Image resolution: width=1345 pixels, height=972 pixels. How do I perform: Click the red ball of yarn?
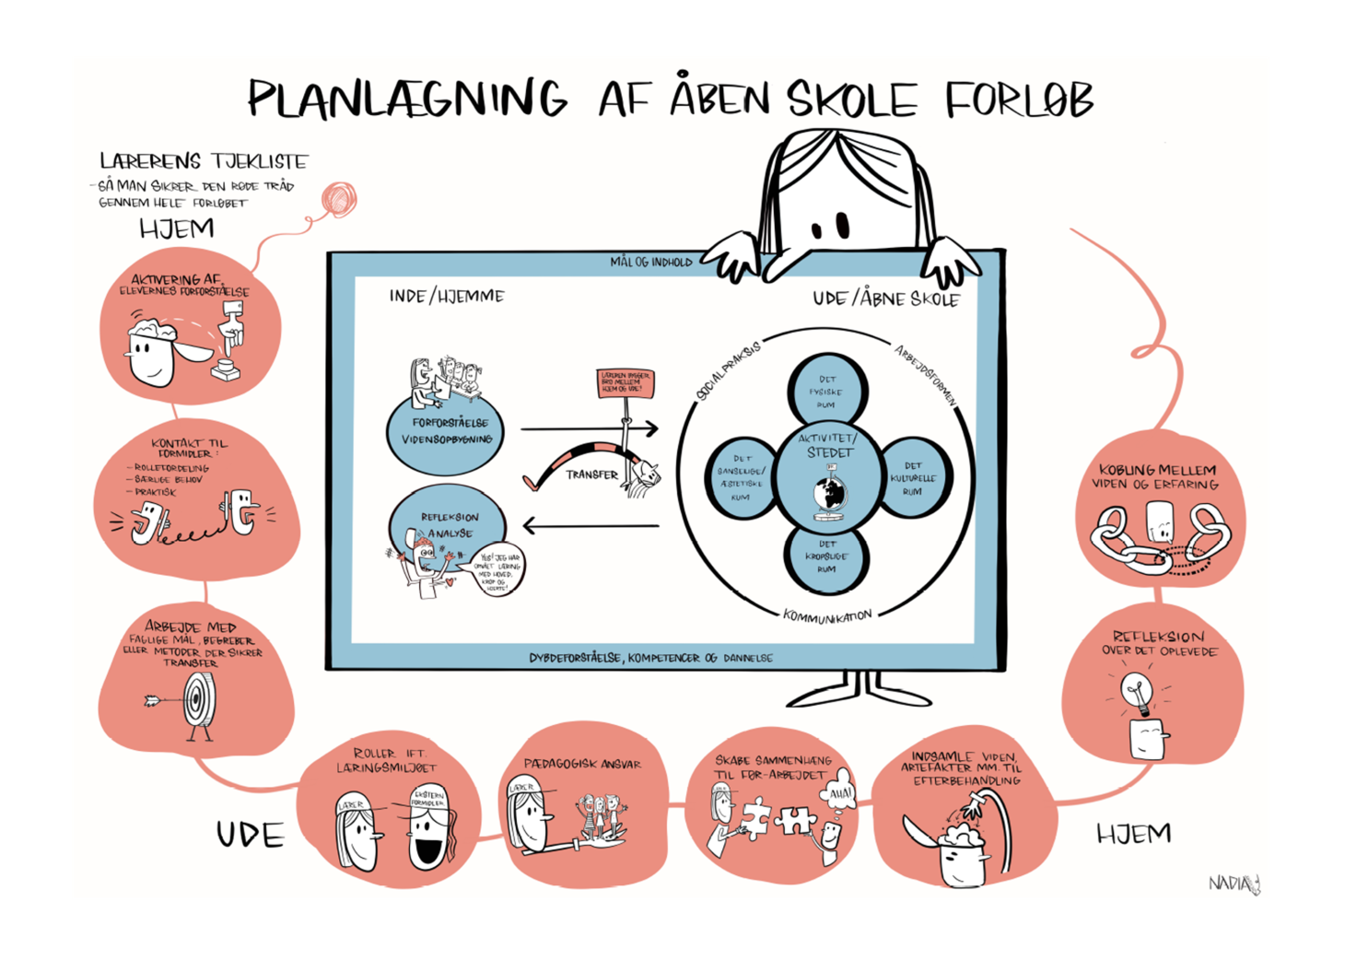(338, 199)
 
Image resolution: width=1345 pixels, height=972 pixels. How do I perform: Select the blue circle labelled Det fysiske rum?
(826, 391)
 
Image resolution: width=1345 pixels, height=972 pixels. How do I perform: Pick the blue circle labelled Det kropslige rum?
(826, 556)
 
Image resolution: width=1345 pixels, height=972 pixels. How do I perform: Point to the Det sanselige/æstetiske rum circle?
(740, 477)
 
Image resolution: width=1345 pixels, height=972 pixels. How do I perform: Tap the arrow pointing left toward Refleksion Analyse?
(590, 526)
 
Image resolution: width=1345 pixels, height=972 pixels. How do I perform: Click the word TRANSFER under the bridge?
(591, 474)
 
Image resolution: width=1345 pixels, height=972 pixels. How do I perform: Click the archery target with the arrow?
(197, 700)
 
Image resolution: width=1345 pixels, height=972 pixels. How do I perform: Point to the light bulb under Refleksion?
(1138, 691)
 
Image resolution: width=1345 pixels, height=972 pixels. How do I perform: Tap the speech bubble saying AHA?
(839, 793)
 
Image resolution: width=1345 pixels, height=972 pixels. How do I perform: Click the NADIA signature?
(1234, 884)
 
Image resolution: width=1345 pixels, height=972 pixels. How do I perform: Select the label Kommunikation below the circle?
(826, 615)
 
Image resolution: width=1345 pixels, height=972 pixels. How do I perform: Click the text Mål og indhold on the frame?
(650, 263)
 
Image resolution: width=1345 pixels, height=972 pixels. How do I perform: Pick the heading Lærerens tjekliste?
(204, 161)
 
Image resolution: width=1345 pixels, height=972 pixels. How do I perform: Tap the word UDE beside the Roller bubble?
(250, 835)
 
